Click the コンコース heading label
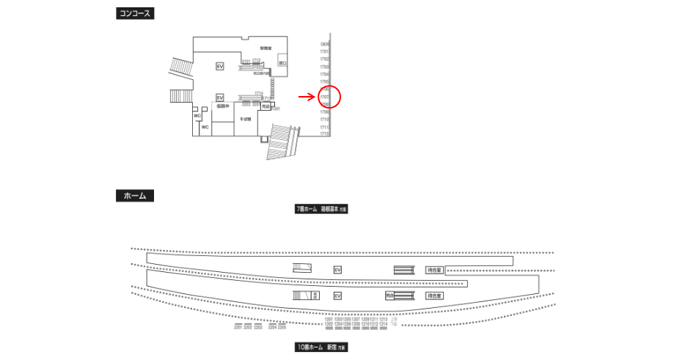(135, 13)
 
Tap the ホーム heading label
(135, 196)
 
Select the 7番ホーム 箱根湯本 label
(321, 209)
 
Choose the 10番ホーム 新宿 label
(321, 347)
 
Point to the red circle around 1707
(329, 96)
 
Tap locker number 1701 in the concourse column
(324, 51)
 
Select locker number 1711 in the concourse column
(324, 128)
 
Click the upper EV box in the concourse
(219, 66)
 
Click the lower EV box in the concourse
(219, 98)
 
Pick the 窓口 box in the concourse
(283, 65)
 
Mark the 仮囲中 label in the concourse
(223, 106)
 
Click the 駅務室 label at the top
(265, 48)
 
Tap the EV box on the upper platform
(337, 270)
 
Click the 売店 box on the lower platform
(390, 295)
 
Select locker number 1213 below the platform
(383, 320)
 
